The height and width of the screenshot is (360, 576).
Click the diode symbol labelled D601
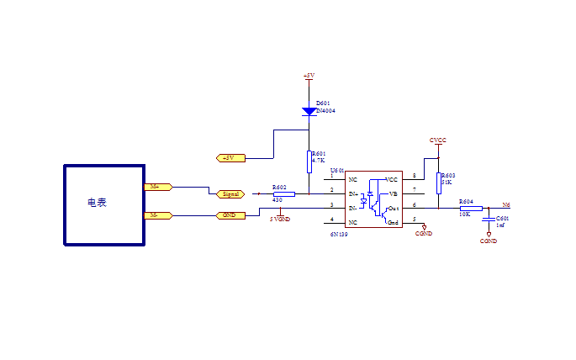309,111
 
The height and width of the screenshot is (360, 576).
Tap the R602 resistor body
284,193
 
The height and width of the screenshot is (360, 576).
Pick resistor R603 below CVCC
438,181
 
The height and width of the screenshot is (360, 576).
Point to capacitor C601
489,220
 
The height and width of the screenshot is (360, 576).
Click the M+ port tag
158,187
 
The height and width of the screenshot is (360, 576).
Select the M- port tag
158,215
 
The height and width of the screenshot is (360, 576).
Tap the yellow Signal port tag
230,193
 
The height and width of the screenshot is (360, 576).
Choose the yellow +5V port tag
230,157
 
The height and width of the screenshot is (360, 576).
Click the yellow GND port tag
230,215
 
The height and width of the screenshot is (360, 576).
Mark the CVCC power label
437,140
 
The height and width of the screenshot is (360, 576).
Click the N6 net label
505,204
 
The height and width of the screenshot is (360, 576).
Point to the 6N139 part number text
339,235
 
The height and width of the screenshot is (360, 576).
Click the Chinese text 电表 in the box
97,203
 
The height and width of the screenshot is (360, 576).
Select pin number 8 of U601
412,177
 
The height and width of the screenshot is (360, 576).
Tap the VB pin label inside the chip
393,193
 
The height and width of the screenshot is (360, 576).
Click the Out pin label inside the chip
393,208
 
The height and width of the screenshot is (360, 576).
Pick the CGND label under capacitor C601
488,241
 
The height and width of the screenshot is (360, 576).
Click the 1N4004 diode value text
325,110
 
